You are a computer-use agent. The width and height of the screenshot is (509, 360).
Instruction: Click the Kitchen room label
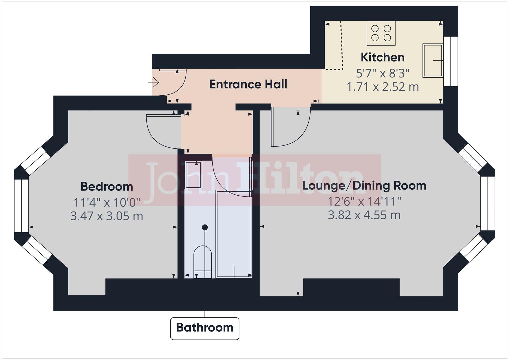click(x=382, y=57)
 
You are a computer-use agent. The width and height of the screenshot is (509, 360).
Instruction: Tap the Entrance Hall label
click(x=248, y=84)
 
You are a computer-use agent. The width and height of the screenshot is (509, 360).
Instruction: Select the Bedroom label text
click(x=107, y=186)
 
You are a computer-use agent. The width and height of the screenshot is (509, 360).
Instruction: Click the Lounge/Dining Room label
click(x=364, y=185)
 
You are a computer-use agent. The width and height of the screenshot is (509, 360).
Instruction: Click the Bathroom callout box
click(x=205, y=328)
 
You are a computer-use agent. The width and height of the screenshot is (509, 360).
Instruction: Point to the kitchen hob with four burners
click(x=381, y=33)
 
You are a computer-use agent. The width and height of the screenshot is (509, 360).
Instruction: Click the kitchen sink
click(x=433, y=60)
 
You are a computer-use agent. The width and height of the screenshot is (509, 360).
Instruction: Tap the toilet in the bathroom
click(x=203, y=259)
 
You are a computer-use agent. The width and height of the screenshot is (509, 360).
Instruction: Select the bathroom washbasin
click(x=193, y=175)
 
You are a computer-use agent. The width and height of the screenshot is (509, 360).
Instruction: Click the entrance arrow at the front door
click(x=154, y=82)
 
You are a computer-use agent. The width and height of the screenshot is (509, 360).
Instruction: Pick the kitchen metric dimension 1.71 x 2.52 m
click(x=382, y=87)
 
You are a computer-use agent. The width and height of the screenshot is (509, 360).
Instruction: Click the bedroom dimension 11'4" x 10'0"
click(x=107, y=202)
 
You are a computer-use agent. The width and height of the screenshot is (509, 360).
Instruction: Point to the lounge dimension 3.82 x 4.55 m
click(x=364, y=215)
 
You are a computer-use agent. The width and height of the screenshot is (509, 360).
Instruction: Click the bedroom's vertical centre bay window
click(x=22, y=205)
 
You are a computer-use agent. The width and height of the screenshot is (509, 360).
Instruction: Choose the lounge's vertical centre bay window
click(x=487, y=203)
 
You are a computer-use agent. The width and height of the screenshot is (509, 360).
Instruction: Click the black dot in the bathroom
click(x=205, y=227)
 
